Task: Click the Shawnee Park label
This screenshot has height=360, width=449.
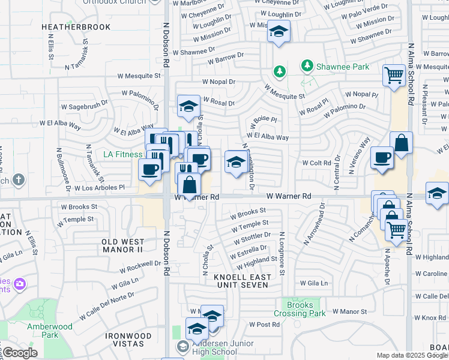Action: click(x=343, y=67)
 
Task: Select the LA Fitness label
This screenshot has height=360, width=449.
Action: click(x=122, y=154)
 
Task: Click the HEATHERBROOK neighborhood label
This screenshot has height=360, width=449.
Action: click(x=76, y=27)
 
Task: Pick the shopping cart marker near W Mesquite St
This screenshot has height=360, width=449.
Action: click(x=394, y=76)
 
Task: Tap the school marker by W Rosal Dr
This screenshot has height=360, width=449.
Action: click(x=188, y=106)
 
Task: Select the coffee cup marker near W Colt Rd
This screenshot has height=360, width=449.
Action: click(x=382, y=158)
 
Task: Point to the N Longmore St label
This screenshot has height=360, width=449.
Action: click(x=280, y=255)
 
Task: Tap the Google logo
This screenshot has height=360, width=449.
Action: click(x=20, y=353)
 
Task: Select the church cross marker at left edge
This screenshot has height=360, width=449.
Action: click(x=19, y=179)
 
